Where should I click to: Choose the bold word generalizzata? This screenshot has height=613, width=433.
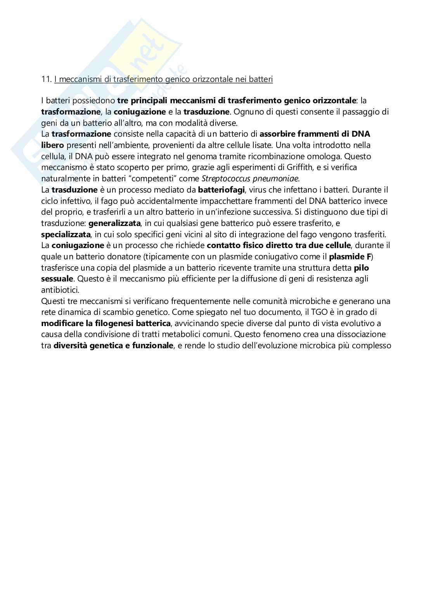[114, 224]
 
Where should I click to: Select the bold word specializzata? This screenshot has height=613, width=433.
[66, 234]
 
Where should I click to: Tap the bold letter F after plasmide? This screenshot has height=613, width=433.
[369, 257]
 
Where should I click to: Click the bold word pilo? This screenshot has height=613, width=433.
[361, 268]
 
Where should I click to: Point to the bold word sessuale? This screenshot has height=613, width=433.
[57, 279]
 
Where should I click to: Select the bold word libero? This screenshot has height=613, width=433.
[53, 146]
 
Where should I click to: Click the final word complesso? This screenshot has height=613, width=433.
[374, 346]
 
